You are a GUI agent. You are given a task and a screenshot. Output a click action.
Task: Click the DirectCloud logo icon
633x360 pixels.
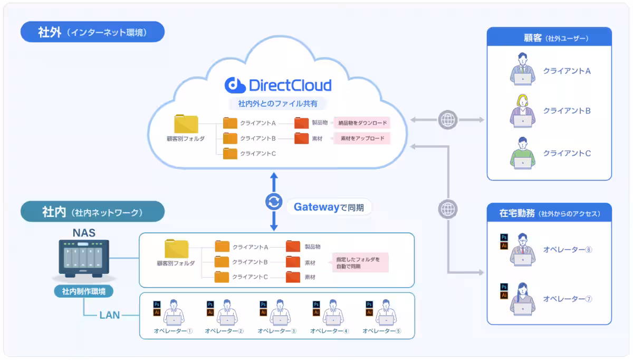(x=235, y=85)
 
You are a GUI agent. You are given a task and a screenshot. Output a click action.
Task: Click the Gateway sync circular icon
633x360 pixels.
(x=274, y=202)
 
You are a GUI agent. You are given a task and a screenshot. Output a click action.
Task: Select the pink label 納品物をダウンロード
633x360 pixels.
(x=362, y=123)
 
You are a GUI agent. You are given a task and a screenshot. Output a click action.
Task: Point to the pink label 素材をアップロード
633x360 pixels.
(x=362, y=138)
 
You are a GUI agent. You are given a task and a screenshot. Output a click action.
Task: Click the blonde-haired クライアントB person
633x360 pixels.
(x=523, y=111)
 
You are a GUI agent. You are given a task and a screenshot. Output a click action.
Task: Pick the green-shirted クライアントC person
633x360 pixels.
(x=523, y=153)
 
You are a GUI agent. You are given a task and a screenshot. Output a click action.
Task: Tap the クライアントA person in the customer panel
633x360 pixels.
(x=523, y=69)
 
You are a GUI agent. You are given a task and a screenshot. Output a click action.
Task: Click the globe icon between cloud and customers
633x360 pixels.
(x=448, y=120)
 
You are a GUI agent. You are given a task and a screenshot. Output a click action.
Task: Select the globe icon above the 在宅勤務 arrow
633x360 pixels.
(x=448, y=209)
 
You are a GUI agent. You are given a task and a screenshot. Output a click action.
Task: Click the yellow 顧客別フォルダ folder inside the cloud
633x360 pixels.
(x=186, y=124)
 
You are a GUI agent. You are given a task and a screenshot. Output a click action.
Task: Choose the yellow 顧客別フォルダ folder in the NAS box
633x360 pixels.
(x=176, y=248)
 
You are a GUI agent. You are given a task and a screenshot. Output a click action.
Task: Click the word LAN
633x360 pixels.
(x=110, y=315)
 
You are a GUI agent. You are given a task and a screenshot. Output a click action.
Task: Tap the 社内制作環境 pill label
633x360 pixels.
(x=84, y=291)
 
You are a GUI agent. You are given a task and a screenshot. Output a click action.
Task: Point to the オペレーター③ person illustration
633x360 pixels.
(x=280, y=313)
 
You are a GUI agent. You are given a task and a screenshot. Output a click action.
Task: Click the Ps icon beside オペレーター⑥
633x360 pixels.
(x=504, y=237)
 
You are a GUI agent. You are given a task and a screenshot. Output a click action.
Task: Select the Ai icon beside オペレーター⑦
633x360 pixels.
(x=504, y=295)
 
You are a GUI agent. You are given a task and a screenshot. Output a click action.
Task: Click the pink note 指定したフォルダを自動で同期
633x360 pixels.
(x=360, y=263)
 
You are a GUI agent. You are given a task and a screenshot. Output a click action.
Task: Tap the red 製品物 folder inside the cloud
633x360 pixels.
(x=301, y=123)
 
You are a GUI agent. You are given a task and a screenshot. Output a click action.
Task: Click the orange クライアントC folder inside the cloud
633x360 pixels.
(x=230, y=154)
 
